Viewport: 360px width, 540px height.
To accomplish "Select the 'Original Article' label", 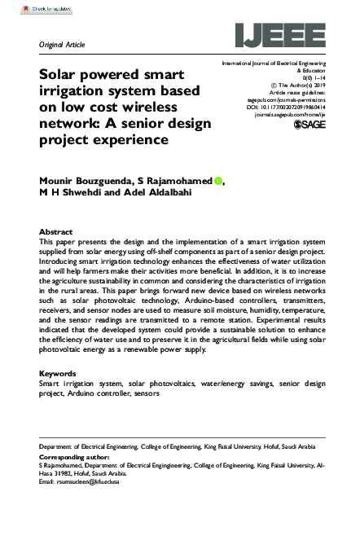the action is click(62, 44).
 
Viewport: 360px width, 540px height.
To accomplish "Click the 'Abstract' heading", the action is click(56, 232).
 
